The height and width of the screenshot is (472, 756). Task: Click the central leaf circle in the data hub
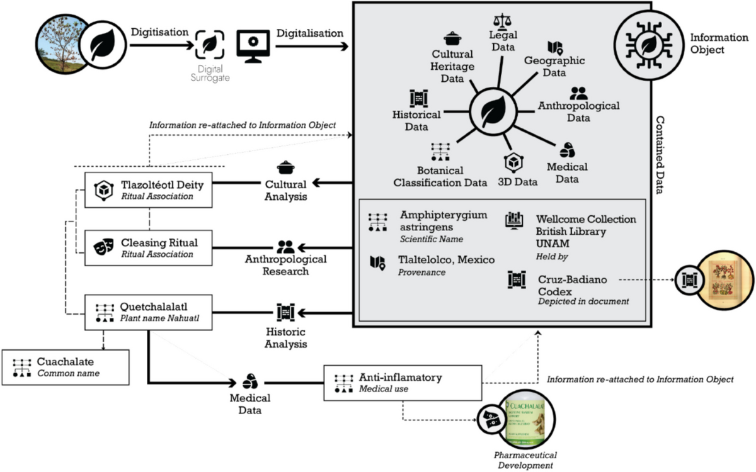click(492, 113)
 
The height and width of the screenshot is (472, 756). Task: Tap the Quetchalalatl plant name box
click(149, 312)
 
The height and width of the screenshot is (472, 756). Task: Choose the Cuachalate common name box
click(66, 368)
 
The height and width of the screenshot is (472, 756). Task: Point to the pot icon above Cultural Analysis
click(285, 169)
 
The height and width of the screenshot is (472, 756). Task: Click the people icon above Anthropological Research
click(285, 247)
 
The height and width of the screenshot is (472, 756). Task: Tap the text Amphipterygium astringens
click(444, 221)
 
